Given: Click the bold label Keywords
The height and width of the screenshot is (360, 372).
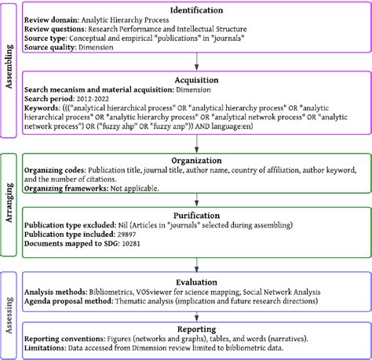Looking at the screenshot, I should pyautogui.click(x=43, y=111).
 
